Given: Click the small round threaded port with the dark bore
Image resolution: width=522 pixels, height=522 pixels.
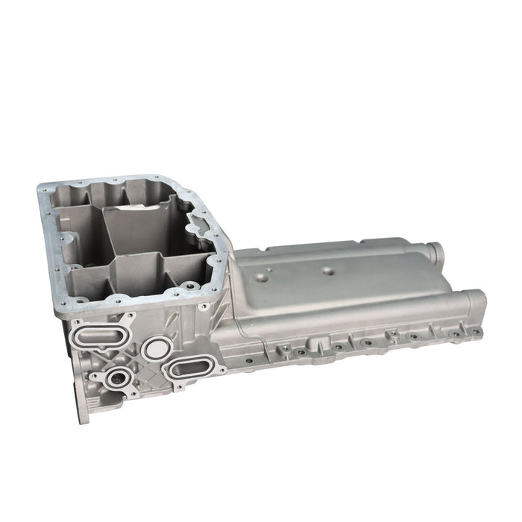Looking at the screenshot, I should pos(116,379).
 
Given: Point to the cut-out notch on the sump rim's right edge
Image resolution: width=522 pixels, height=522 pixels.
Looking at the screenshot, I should pos(195,220).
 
